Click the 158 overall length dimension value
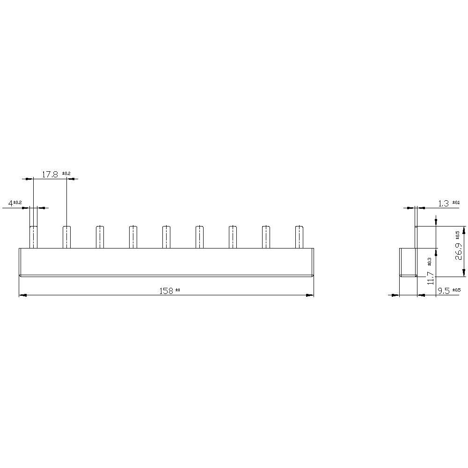pos(166,291)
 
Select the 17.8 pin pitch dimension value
pos(50,175)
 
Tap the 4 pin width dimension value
pos(10,204)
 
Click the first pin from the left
pos(34,237)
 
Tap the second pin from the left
pos(67,237)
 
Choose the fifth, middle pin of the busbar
pos(166,237)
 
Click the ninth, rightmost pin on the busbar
pos(299,237)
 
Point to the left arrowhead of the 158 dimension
pos(22,295)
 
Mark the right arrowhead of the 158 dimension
pos(310,295)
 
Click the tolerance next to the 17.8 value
pos(66,174)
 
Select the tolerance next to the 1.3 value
pos(456,203)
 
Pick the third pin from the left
pos(100,237)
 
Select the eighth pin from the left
pos(266,237)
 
